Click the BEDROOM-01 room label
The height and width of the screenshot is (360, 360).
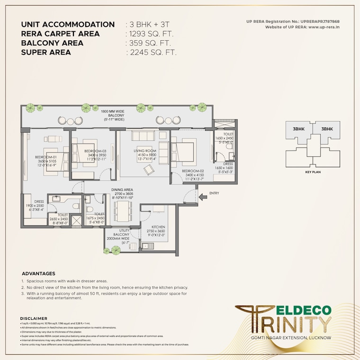[x=45, y=157]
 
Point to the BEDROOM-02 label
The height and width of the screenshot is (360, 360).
[x=194, y=171]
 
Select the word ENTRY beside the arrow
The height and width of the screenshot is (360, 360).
[x=214, y=193]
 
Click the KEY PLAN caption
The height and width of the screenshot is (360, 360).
[x=313, y=173]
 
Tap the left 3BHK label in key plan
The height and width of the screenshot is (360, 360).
[x=298, y=129]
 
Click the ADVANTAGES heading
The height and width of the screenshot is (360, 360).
[x=38, y=273]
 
